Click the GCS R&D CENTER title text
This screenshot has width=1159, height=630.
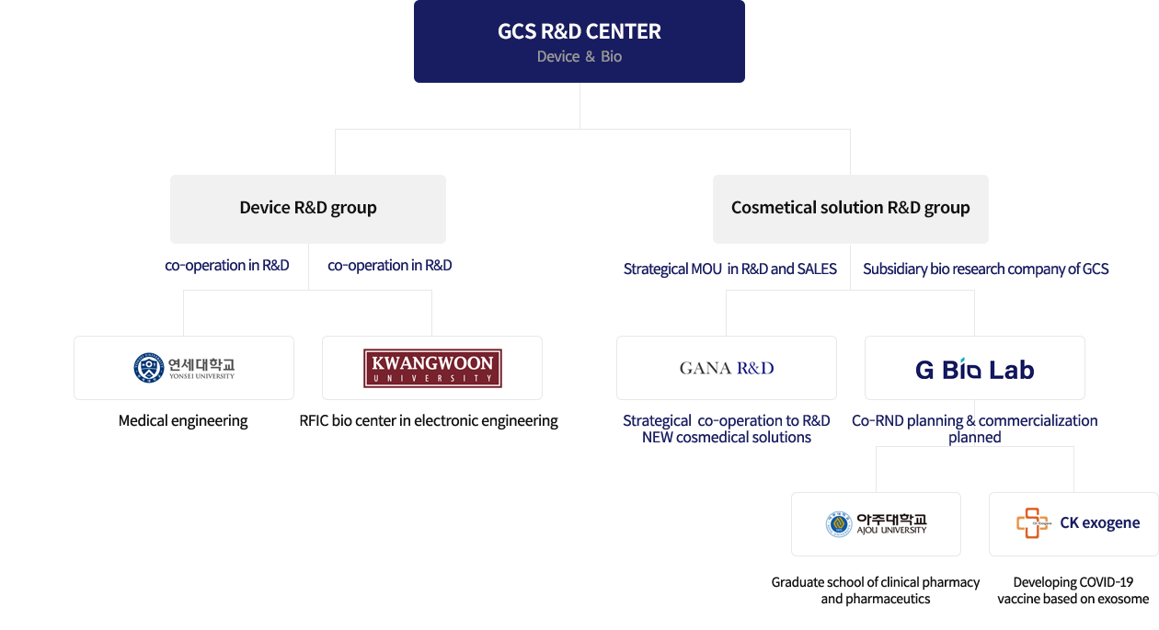579,31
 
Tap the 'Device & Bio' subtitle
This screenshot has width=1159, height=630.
579,57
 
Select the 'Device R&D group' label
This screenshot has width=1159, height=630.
308,208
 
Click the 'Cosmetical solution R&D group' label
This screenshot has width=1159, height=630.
850,208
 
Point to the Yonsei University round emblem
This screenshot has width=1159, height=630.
148,368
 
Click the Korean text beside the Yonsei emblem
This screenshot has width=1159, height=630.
201,363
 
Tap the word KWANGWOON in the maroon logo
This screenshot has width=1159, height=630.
432,363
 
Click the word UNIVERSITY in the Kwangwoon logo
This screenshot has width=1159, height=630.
432,379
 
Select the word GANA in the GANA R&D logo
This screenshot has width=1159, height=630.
704,368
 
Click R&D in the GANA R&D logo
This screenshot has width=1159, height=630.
754,368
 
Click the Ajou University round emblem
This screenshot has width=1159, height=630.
838,524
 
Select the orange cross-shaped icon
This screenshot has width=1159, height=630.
1032,522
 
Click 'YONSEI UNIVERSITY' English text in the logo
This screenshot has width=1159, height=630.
201,376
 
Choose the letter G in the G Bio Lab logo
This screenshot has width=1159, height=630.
924,370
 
